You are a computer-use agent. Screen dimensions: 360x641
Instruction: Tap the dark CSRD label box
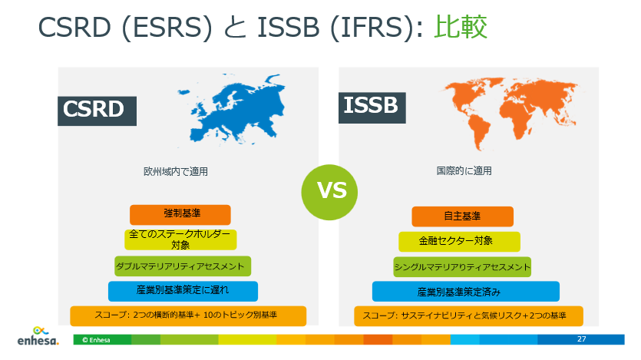97,109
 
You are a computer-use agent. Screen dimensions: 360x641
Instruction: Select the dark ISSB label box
372,107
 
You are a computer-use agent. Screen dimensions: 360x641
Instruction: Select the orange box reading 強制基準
180,215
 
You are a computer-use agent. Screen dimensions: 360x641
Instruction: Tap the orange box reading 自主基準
462,216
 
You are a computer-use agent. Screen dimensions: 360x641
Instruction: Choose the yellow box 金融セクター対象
456,241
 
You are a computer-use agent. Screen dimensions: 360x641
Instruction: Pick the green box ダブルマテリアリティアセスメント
183,266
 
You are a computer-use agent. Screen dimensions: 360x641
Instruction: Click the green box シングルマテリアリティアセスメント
462,267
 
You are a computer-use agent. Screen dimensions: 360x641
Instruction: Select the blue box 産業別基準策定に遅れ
183,291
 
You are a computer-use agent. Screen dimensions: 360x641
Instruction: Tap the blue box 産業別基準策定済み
465,292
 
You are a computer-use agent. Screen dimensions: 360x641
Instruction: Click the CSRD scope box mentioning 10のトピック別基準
187,315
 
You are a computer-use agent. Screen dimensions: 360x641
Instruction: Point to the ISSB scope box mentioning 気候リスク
468,315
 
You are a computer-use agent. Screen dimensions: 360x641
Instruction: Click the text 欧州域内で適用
176,171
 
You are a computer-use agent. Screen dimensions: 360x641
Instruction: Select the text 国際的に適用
459,170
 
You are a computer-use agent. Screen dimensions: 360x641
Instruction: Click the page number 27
581,339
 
